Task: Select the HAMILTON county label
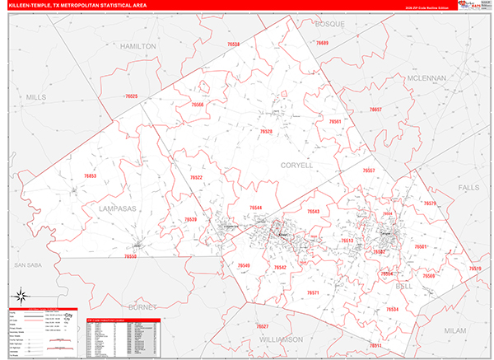pos(137,47)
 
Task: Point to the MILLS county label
pos(36,97)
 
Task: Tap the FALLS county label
pos(468,188)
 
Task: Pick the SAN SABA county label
pos(28,265)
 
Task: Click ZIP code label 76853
pos(90,176)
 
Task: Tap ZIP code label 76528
pos(266,132)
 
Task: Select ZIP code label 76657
pos(375,110)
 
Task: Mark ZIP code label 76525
pos(131,97)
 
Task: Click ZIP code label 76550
pos(130,256)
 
